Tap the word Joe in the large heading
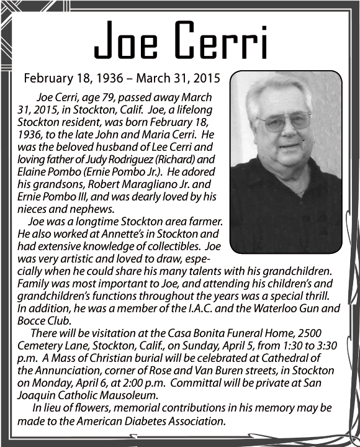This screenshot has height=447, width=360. (x=128, y=42)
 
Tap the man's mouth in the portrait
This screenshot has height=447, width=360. (x=289, y=146)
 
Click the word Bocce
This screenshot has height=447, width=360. (x=31, y=321)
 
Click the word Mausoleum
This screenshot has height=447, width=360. (x=125, y=395)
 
